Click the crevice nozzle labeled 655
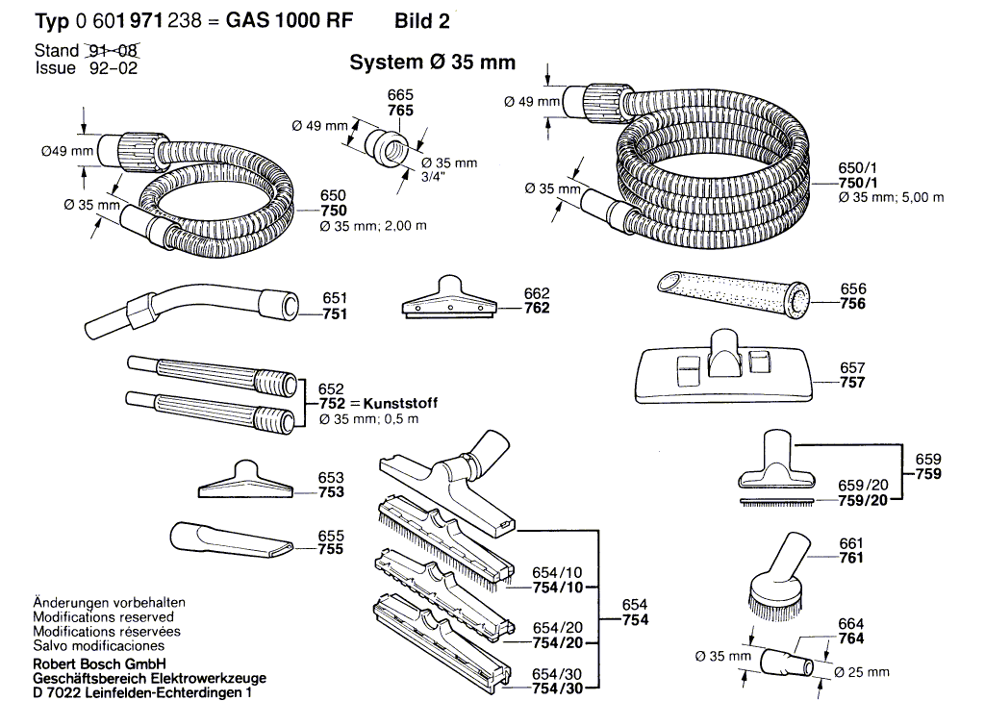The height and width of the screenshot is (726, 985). click(x=230, y=538)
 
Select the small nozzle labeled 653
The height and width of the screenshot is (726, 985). click(x=245, y=481)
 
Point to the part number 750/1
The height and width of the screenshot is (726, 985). click(x=857, y=183)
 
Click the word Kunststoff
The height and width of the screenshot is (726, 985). click(x=400, y=403)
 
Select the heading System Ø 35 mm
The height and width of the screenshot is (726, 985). click(x=432, y=63)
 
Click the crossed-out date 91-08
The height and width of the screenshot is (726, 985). click(x=114, y=50)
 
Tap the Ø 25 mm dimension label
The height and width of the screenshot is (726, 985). click(x=861, y=672)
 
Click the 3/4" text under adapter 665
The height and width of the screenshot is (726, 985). click(x=434, y=177)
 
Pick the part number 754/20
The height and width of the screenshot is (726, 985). click(x=557, y=642)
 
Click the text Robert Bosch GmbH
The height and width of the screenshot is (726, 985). click(x=99, y=663)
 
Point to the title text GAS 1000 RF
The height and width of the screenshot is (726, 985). click(x=290, y=21)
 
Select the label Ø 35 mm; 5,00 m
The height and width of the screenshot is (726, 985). click(x=891, y=197)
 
